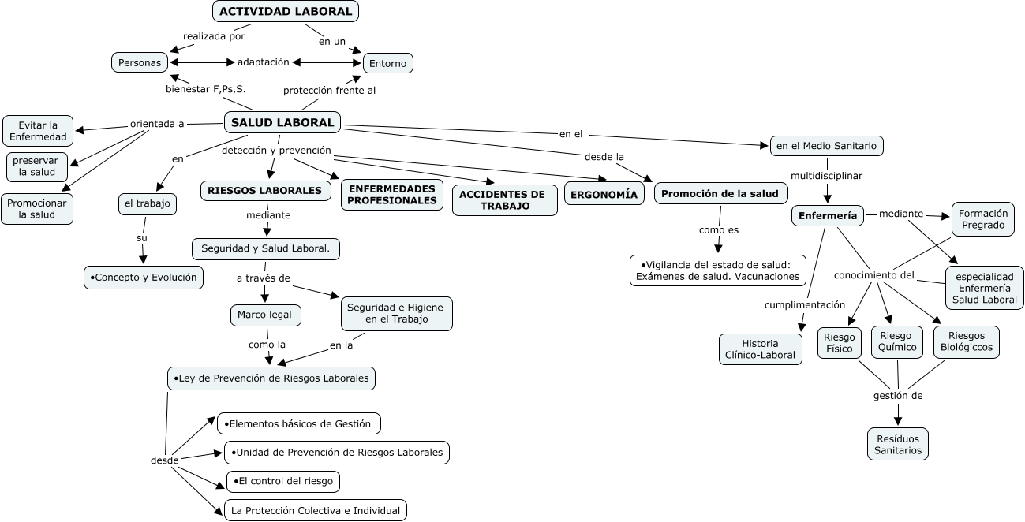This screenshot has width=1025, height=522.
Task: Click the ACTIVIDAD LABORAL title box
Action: (286, 11)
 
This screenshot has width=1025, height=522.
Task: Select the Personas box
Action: (140, 62)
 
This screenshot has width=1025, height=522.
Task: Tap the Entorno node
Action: (388, 64)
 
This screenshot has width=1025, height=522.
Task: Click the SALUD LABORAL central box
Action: (282, 122)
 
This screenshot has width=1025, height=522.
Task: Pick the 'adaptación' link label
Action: (263, 62)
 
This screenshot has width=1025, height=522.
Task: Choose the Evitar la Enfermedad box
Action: (38, 131)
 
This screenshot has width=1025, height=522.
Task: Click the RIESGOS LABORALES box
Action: (265, 191)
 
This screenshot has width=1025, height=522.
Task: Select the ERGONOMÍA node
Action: (604, 194)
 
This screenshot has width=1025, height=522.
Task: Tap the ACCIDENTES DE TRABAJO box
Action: (505, 200)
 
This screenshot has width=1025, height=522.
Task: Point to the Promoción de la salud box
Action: (720, 194)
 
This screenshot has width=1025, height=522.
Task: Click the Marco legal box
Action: (265, 315)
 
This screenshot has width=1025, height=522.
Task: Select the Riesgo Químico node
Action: (897, 342)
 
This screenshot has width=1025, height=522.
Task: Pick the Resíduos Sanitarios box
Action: (898, 444)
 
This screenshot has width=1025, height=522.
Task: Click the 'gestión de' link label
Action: (898, 396)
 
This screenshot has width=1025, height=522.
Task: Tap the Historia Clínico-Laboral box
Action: (761, 349)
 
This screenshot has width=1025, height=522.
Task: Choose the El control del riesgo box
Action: (283, 481)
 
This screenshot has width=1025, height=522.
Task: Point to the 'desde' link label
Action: (165, 460)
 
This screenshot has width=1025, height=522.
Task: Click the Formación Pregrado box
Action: (983, 219)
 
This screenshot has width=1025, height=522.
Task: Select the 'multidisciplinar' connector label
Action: (826, 176)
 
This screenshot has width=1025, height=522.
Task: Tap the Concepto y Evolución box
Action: (144, 278)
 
